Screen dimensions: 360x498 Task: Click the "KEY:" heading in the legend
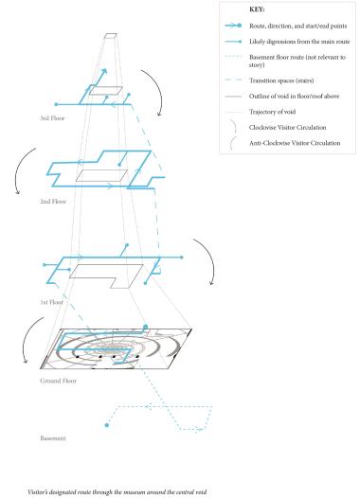(x=257, y=9)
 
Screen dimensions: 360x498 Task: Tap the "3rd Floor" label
(x=52, y=118)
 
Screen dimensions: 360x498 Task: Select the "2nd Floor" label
(x=53, y=202)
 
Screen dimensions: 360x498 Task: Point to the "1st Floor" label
(x=52, y=302)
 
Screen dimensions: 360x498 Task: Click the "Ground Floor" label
(x=59, y=381)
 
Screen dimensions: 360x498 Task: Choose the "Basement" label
(x=53, y=438)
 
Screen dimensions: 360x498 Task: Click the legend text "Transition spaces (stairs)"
(x=281, y=80)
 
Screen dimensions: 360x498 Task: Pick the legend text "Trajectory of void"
(x=272, y=112)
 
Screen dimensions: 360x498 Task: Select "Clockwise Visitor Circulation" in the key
(x=288, y=128)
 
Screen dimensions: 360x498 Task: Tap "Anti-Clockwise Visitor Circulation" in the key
(x=295, y=143)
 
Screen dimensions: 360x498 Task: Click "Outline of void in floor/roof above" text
(x=295, y=96)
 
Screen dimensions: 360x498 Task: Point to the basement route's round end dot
(x=107, y=425)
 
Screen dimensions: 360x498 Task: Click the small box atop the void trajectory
(x=111, y=36)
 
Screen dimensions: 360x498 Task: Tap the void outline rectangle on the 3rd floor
(x=106, y=91)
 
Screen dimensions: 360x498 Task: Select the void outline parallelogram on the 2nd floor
(x=101, y=176)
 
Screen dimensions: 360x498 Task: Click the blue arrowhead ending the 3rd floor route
(x=103, y=71)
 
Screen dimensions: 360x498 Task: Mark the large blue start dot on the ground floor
(x=146, y=327)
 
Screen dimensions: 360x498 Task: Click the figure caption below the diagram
(x=117, y=492)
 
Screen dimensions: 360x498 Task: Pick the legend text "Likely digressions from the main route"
(x=299, y=42)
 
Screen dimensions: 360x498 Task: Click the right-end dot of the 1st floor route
(x=182, y=258)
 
